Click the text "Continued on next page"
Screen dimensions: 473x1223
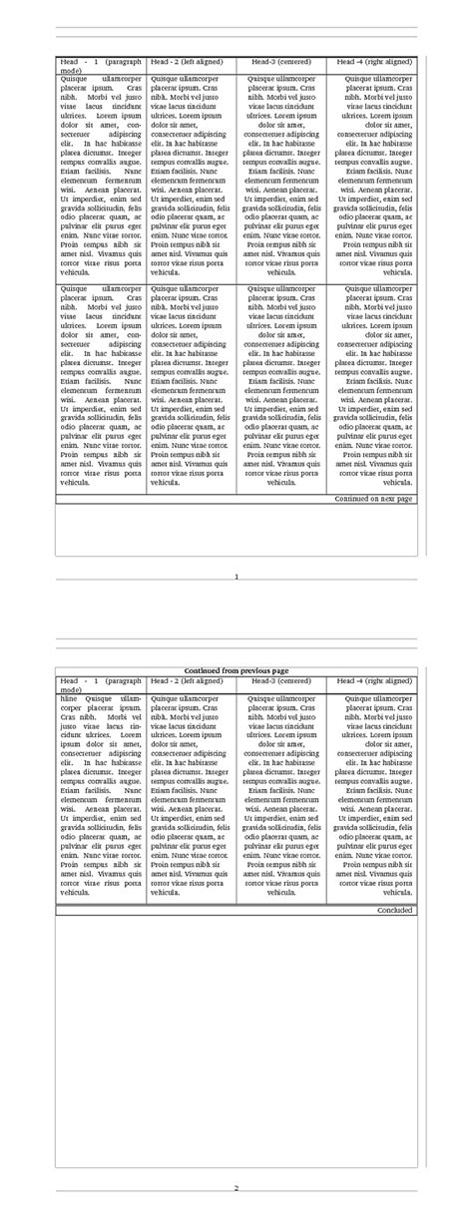[373, 498]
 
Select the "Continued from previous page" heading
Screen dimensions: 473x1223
[236, 670]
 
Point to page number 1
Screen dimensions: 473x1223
[236, 577]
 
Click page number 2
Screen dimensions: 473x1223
[236, 1187]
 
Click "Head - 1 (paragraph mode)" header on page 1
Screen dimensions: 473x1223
[101, 66]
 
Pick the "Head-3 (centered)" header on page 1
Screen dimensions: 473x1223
[281, 62]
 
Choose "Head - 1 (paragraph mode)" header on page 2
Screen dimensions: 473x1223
[101, 684]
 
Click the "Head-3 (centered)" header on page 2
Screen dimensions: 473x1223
[281, 680]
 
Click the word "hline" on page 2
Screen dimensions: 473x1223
[68, 699]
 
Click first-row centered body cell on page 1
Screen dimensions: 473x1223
[281, 174]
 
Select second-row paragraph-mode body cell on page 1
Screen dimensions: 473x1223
[101, 384]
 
